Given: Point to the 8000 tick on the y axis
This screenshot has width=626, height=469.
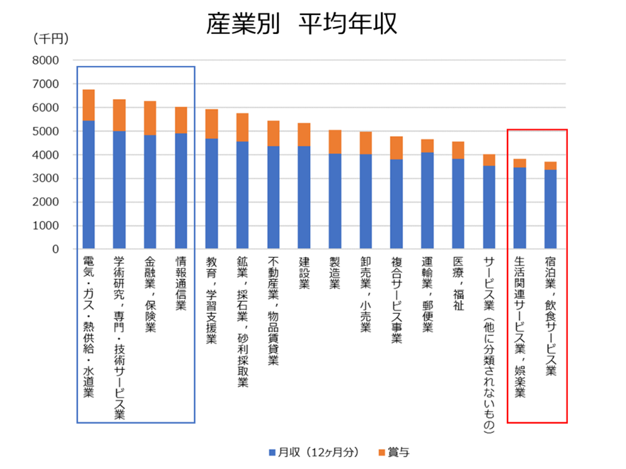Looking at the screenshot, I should tap(45, 61).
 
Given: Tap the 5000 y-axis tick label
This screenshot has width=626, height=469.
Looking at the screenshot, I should tap(45, 132).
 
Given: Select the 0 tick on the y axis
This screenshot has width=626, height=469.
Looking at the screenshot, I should tap(55, 250).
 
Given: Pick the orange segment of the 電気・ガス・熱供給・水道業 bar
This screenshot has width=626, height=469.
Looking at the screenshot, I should tap(89, 105).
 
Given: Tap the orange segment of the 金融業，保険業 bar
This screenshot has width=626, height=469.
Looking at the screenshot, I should tap(150, 119).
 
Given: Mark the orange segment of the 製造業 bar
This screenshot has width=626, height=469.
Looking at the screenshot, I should tap(335, 142).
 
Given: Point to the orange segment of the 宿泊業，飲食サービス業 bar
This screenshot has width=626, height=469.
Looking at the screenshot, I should tap(550, 166).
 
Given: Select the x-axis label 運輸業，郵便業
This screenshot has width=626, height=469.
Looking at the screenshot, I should tap(427, 294).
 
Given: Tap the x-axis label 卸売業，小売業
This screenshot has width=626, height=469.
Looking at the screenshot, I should tap(366, 294).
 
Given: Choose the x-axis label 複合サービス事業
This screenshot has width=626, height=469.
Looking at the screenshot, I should tap(397, 299).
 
